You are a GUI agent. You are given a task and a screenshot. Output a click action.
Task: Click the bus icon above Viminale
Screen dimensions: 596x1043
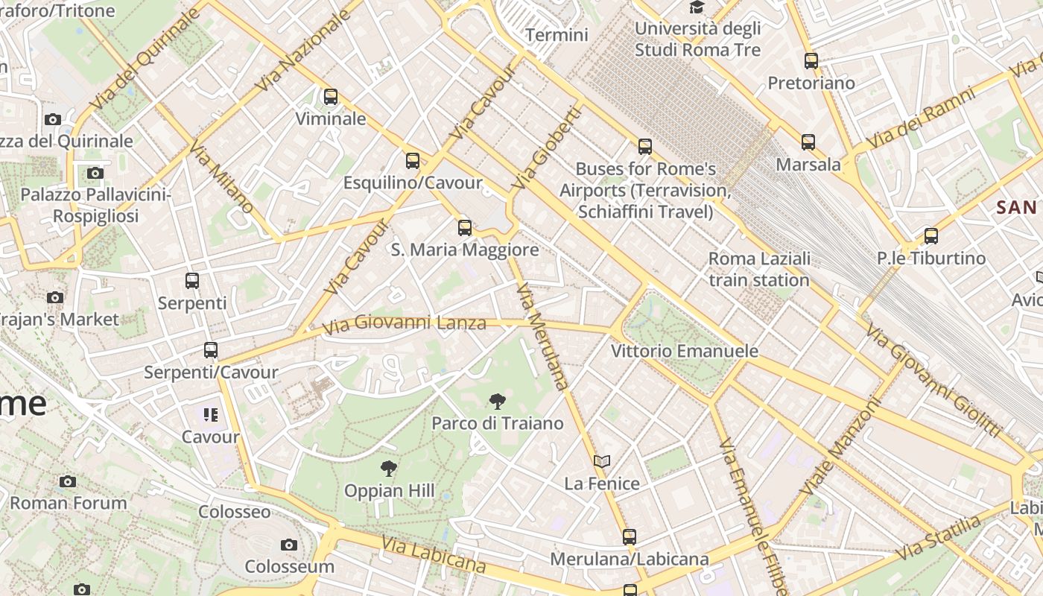click(331, 97)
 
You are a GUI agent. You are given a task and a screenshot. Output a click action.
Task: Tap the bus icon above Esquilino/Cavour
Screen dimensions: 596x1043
click(413, 161)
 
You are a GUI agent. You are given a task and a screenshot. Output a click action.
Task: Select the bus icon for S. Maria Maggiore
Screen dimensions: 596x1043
click(465, 228)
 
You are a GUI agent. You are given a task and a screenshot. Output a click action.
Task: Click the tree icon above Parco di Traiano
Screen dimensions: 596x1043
click(497, 402)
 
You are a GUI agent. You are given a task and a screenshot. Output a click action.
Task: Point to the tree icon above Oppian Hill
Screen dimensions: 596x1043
click(388, 469)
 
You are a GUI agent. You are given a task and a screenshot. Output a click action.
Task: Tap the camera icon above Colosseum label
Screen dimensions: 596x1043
click(289, 545)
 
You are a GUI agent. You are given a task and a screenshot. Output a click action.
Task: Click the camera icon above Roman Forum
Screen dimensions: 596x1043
click(68, 482)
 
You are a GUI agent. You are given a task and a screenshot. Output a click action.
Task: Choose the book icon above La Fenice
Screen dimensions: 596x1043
click(602, 462)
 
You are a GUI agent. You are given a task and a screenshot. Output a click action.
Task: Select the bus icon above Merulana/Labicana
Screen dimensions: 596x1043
click(630, 537)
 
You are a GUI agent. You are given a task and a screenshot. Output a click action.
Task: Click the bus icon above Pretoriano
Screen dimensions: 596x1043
click(811, 61)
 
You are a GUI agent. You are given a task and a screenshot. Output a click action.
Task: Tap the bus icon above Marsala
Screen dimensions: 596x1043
click(808, 142)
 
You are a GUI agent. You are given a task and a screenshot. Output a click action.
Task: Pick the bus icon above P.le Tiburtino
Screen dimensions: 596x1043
click(931, 237)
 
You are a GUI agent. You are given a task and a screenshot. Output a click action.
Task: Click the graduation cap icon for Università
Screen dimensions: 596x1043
click(697, 7)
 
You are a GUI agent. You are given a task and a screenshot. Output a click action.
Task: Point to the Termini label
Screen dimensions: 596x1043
click(557, 35)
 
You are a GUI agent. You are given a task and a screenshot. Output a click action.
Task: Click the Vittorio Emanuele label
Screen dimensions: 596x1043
click(684, 351)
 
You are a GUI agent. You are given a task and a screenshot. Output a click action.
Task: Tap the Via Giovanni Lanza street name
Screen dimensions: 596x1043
click(405, 323)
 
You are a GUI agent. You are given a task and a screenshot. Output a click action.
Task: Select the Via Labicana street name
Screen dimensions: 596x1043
click(433, 555)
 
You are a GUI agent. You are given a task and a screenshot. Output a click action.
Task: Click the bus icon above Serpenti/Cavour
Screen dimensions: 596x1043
click(211, 350)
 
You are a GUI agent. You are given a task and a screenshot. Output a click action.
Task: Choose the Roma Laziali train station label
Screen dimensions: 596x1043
click(759, 270)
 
